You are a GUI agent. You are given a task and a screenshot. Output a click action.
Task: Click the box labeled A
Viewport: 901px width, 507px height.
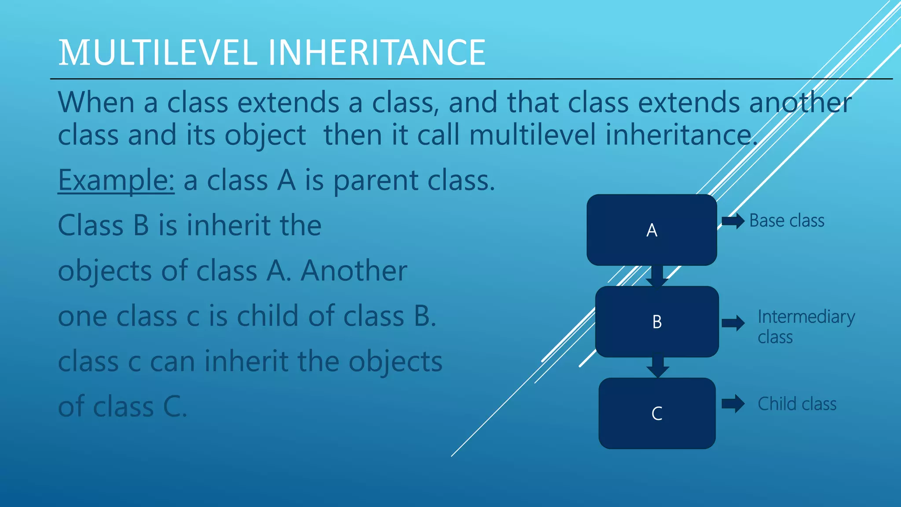click(x=652, y=230)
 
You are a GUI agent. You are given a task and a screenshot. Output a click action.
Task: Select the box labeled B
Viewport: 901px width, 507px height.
click(x=657, y=322)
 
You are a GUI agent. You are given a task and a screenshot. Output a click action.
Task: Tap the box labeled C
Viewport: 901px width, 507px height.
click(x=657, y=413)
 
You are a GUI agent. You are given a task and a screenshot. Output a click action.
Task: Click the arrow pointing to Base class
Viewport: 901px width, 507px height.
click(x=733, y=220)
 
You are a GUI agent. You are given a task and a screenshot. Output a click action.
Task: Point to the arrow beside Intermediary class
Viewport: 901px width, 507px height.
click(x=733, y=323)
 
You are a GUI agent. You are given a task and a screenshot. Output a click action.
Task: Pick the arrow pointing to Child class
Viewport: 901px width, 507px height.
click(x=733, y=404)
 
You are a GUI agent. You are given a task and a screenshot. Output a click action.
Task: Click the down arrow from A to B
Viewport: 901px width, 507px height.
click(x=657, y=276)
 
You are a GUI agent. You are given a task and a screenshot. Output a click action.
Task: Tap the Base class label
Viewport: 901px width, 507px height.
click(x=787, y=220)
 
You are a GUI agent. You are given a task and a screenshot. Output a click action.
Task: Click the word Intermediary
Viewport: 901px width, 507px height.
click(x=806, y=317)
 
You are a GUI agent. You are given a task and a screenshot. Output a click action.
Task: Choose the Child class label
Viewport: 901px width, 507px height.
click(x=797, y=404)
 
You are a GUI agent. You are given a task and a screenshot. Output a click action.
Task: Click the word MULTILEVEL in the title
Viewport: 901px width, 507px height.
click(x=157, y=53)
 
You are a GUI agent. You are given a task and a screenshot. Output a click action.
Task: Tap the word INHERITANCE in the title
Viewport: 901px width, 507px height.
click(x=377, y=53)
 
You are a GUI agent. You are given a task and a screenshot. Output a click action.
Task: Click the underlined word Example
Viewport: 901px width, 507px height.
click(x=116, y=180)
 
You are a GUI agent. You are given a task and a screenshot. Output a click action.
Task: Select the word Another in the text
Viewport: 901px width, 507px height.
click(x=354, y=270)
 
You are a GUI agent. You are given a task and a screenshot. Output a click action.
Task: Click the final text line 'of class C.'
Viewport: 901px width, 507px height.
click(x=123, y=406)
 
